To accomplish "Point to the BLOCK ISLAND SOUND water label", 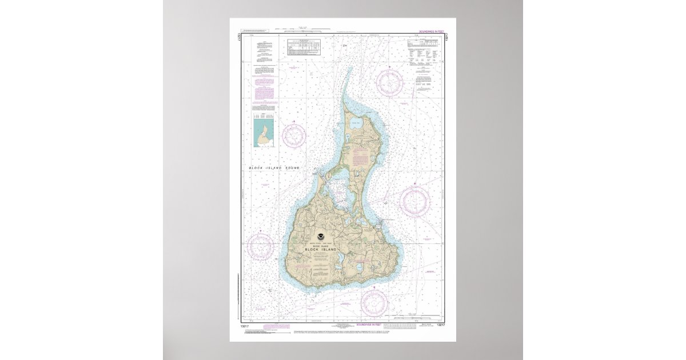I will pyautogui.click(x=274, y=167).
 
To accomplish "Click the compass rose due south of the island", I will pyautogui.click(x=374, y=302).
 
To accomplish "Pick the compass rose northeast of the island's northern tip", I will pyautogui.click(x=390, y=82).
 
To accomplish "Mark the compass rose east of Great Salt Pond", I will pyautogui.click(x=414, y=201).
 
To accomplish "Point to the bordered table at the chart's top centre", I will pyautogui.click(x=304, y=46).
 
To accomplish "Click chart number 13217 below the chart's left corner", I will pyautogui.click(x=245, y=326).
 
